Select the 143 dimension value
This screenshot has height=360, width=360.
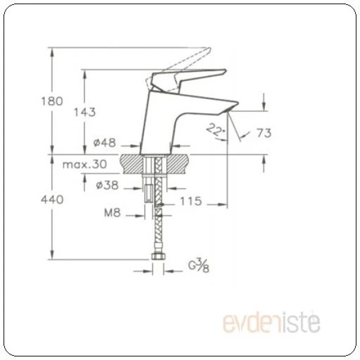tap(85, 112)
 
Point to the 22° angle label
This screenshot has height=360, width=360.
tap(214, 128)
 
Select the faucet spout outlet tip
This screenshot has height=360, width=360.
tap(230, 107)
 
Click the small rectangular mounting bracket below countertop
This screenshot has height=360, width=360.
tap(148, 193)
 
